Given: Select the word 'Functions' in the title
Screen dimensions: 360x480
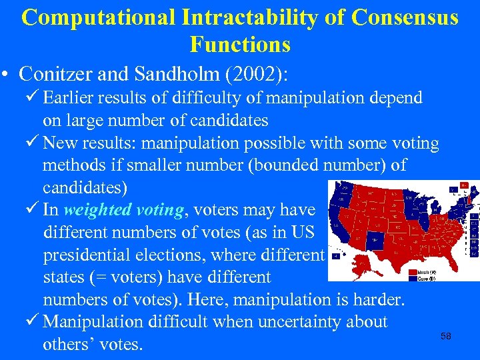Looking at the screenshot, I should coord(240,45).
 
